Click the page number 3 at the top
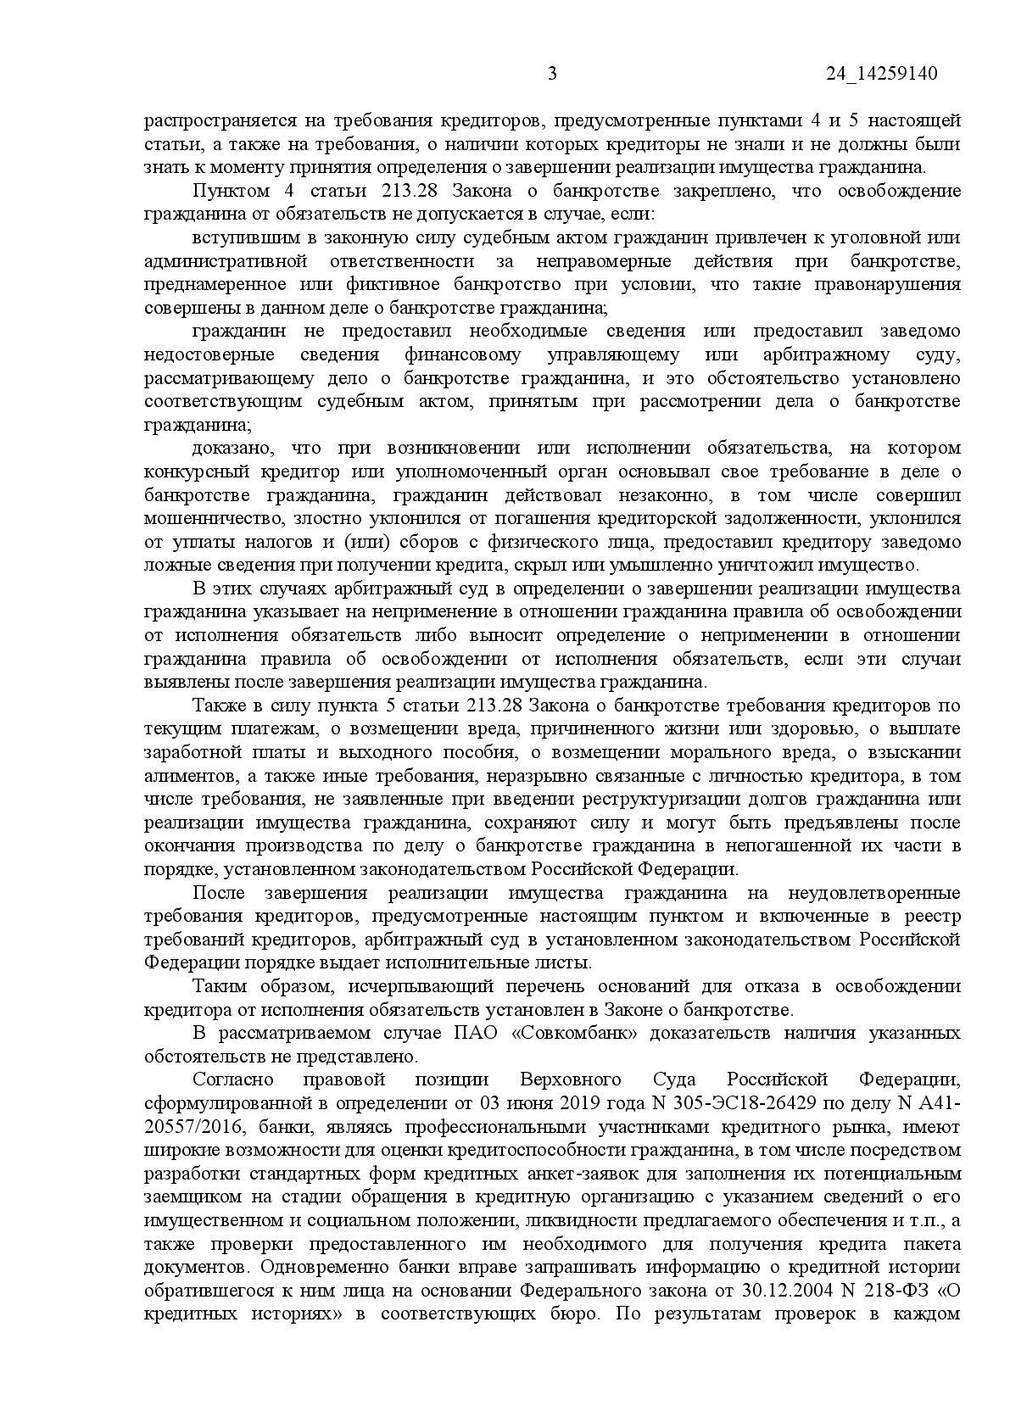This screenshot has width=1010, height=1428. (552, 74)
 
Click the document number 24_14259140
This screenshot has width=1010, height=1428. (881, 74)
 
